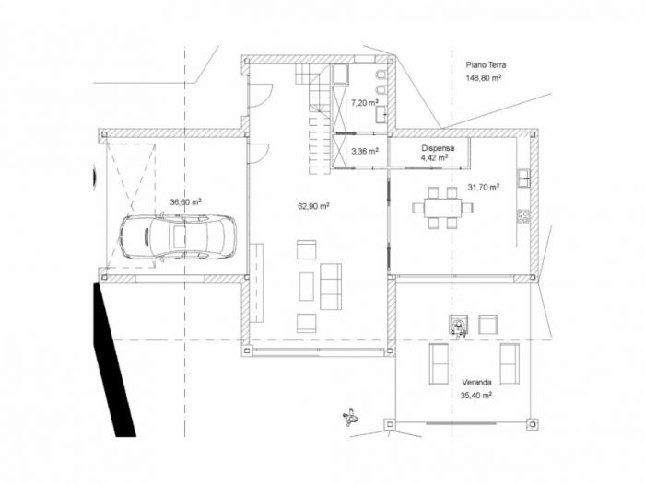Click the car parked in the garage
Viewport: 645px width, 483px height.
point(176,236)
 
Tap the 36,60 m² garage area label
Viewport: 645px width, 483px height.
point(185,201)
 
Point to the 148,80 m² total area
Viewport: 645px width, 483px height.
point(484,79)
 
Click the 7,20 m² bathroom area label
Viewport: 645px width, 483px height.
point(365,104)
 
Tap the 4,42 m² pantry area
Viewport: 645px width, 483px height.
point(434,158)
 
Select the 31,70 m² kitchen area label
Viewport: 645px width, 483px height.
point(483,187)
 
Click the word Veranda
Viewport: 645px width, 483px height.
point(476,382)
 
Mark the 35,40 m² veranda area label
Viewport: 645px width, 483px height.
point(475,395)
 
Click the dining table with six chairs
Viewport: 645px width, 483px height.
point(442,207)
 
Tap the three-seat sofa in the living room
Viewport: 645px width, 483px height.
point(330,286)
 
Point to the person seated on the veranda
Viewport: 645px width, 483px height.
point(458,323)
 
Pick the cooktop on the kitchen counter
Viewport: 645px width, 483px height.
point(524,216)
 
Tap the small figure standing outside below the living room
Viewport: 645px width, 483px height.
point(349,419)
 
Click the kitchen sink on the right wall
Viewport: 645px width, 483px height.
point(523,177)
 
